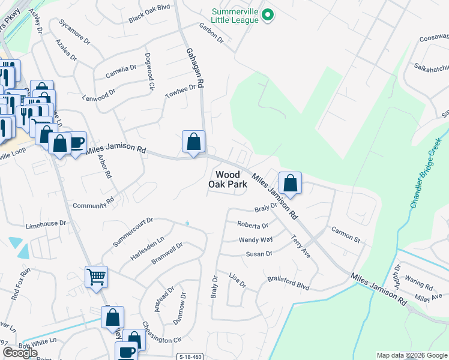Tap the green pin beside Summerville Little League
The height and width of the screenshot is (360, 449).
(268, 14)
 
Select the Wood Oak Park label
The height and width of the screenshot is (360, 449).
(228, 179)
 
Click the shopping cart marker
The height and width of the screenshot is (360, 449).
(96, 277)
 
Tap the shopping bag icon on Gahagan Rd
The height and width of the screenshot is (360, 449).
(193, 142)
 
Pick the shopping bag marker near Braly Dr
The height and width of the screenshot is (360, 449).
(290, 184)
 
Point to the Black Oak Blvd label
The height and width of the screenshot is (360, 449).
(149, 17)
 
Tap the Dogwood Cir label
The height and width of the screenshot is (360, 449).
(149, 71)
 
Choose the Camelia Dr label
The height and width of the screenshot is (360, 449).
(121, 70)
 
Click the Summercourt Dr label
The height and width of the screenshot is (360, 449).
(133, 232)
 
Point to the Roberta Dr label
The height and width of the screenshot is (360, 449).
(252, 226)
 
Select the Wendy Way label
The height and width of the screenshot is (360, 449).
(256, 239)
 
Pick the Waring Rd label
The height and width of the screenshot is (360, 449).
(418, 282)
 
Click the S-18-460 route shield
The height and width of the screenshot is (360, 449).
(189, 356)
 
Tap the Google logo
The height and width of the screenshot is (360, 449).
(20, 353)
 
